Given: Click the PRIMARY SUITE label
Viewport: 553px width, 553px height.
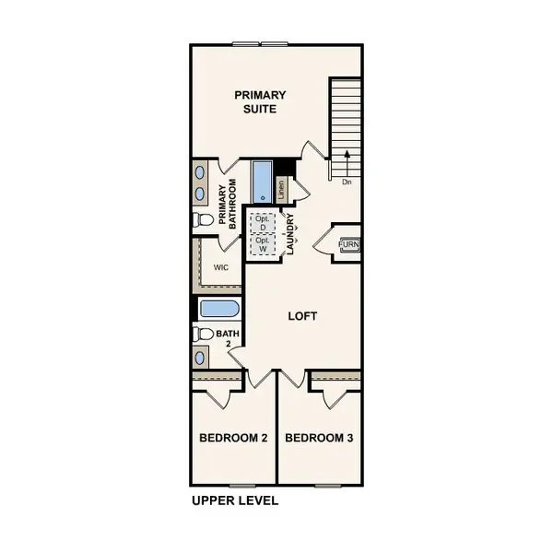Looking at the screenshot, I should click(x=259, y=101).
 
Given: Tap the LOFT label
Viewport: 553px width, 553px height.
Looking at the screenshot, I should click(x=302, y=316).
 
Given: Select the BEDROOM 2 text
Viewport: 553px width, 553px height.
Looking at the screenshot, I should click(x=233, y=438).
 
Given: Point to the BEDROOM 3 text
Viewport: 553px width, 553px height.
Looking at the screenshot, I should click(x=319, y=438).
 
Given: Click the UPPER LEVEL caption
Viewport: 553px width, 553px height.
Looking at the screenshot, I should click(x=235, y=502).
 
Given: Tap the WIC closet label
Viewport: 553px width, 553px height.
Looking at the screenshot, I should click(x=220, y=267).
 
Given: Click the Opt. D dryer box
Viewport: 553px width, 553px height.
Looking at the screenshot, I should click(x=263, y=223).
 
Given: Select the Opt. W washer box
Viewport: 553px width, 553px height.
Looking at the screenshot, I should click(x=263, y=244).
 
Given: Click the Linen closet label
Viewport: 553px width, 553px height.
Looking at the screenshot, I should click(x=281, y=189).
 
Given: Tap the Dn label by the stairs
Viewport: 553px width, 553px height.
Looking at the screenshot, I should click(x=347, y=182).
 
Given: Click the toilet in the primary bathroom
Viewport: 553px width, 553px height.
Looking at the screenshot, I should click(x=203, y=220).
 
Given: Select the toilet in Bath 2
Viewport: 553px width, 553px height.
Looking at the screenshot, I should click(x=203, y=334).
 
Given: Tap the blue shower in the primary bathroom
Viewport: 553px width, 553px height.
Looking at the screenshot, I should click(x=262, y=182).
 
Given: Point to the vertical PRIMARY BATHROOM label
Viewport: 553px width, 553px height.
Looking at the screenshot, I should click(x=228, y=204).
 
